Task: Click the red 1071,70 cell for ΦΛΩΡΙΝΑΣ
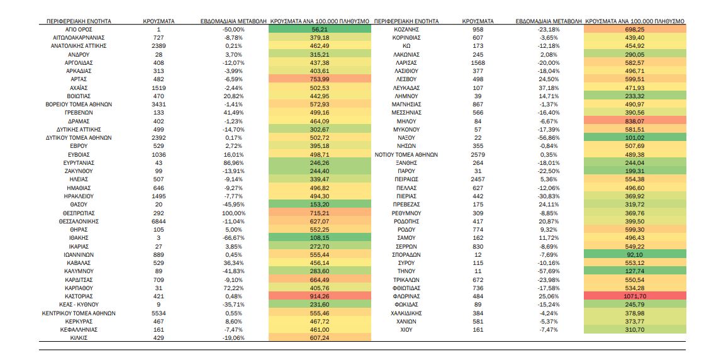click(634, 296)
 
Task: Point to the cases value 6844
click(159, 221)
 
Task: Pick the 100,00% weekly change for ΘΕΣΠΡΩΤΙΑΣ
click(233, 213)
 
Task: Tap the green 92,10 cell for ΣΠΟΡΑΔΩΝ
click(634, 254)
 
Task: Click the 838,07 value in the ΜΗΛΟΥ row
click(634, 121)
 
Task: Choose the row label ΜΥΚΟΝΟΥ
click(406, 129)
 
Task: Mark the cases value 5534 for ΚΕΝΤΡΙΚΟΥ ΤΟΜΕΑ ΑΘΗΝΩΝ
click(159, 313)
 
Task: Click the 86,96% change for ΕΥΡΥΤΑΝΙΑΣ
click(233, 162)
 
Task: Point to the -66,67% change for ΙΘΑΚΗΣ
click(233, 238)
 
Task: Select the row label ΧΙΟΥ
click(406, 329)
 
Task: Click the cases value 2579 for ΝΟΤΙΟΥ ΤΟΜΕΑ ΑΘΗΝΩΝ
click(478, 154)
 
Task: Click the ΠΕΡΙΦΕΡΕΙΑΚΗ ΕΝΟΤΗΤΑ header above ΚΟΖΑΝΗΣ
click(406, 21)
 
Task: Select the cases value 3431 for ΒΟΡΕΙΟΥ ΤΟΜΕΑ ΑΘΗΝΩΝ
click(159, 104)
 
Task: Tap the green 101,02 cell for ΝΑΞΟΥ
click(634, 137)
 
